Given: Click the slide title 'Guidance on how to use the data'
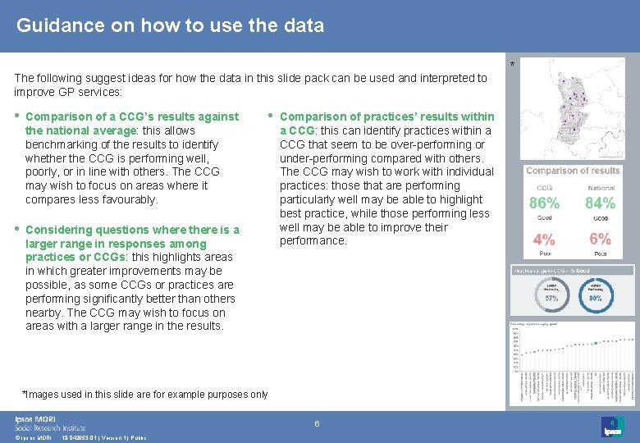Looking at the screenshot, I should (x=171, y=25).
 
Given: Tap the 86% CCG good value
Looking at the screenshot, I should (x=544, y=203).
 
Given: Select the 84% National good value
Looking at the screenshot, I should (x=601, y=203).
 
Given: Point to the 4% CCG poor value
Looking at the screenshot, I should (x=543, y=240).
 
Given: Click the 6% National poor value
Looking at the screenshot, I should (x=601, y=239).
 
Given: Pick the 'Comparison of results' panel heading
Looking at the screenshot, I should (x=573, y=171).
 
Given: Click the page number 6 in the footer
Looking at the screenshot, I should (x=317, y=423).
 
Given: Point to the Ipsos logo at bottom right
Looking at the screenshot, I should (x=612, y=427).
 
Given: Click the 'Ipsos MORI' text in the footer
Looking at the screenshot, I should (x=34, y=418).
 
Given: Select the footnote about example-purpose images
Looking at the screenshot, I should (x=144, y=395).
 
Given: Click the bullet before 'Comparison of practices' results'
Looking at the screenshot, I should (x=271, y=115).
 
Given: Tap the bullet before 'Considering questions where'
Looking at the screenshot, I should (x=17, y=228).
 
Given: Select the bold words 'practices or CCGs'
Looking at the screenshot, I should (x=70, y=257).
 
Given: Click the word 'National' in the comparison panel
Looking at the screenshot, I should (x=601, y=188).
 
